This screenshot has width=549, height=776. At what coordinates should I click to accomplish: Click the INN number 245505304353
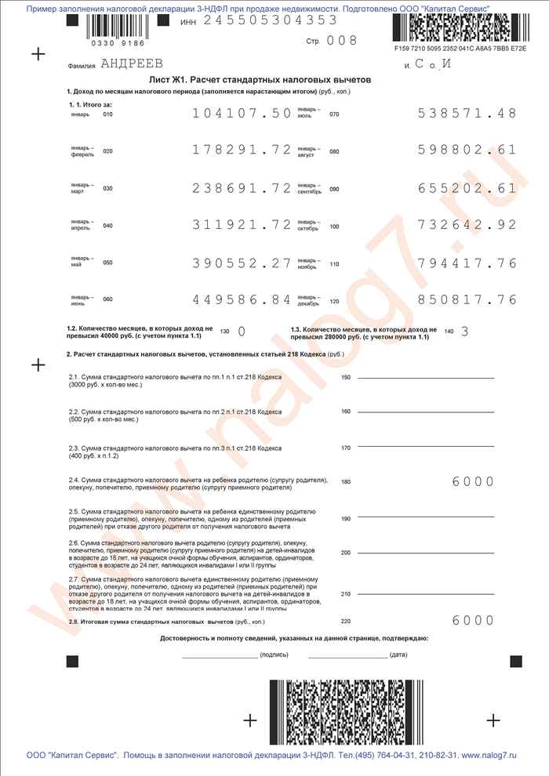tap(271, 20)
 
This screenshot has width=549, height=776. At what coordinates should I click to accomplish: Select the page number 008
tap(341, 41)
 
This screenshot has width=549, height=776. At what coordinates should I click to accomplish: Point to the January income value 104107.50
tap(242, 114)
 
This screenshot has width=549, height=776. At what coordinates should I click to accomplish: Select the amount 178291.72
tap(242, 150)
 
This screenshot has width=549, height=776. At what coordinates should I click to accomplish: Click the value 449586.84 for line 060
tap(242, 299)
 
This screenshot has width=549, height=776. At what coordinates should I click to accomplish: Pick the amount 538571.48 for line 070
tap(467, 114)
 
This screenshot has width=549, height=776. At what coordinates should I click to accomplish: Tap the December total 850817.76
tap(467, 299)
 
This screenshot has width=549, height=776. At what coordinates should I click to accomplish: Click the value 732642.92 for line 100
tap(467, 225)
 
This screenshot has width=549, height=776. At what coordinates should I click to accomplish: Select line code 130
tap(225, 332)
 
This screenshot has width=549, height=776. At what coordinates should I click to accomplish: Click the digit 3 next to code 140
tap(464, 331)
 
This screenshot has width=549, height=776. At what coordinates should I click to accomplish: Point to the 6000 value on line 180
tap(473, 481)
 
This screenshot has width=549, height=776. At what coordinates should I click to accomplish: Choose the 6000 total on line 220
tap(473, 621)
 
